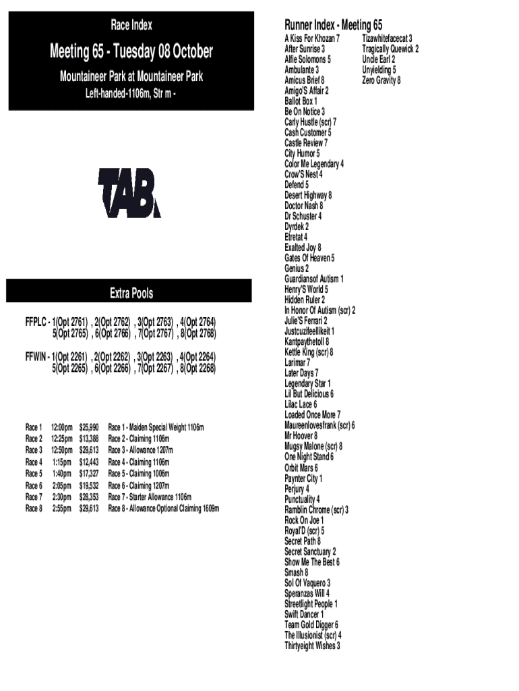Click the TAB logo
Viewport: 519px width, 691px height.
[129, 193]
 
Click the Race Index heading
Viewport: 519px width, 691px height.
[131, 26]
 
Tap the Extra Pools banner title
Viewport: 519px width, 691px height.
[131, 294]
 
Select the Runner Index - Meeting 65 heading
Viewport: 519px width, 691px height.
[334, 26]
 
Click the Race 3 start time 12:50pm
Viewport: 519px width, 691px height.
[61, 450]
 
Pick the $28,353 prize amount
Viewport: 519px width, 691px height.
[89, 497]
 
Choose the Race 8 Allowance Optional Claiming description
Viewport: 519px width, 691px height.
[163, 508]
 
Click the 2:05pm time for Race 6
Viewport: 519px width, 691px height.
[61, 485]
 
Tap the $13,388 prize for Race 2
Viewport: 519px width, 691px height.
[89, 439]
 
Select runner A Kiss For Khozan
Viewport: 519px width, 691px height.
[312, 38]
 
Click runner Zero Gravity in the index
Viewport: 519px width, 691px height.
[381, 80]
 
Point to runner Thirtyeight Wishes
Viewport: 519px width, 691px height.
[312, 646]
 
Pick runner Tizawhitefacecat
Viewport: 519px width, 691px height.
[387, 38]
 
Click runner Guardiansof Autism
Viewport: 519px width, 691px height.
[314, 279]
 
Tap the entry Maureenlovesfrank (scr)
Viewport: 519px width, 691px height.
[319, 425]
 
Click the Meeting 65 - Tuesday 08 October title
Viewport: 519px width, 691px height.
[131, 51]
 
